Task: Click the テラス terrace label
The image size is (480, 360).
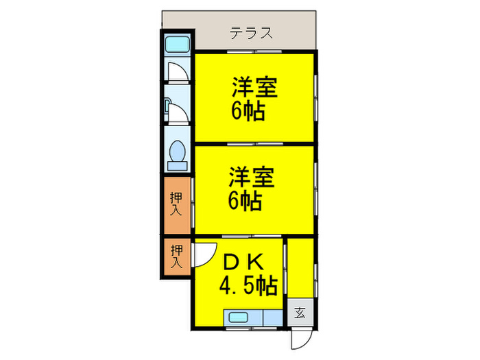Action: [x=252, y=33]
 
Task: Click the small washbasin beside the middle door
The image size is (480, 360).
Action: [x=167, y=107]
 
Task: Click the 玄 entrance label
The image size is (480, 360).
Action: [x=300, y=313]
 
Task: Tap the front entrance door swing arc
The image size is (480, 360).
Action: [x=300, y=336]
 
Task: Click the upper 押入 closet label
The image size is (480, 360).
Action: [x=177, y=204]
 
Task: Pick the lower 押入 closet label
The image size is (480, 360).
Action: [x=177, y=256]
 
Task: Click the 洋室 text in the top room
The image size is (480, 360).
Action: [x=254, y=88]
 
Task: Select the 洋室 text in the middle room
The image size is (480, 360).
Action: [x=252, y=178]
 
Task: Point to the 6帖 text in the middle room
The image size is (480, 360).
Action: [x=245, y=201]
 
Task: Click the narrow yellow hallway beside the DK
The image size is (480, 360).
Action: [x=300, y=267]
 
